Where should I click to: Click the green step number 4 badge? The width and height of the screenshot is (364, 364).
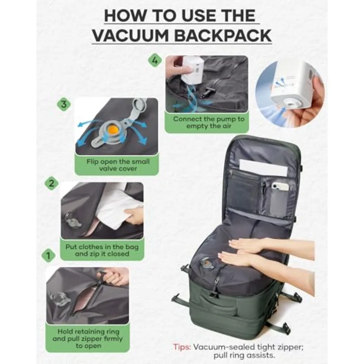[154, 61]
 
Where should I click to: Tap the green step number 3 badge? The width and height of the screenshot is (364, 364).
[63, 104]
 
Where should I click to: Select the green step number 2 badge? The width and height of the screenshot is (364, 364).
[51, 183]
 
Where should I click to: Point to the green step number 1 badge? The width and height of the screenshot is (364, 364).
[48, 255]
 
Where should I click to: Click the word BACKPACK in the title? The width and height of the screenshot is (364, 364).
[222, 36]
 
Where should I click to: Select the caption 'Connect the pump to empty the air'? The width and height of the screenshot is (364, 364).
[209, 122]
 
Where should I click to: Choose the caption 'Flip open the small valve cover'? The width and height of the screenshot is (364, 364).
[118, 165]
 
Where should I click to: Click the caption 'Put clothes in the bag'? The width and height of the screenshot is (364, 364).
[102, 247]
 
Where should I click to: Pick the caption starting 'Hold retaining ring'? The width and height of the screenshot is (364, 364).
[87, 339]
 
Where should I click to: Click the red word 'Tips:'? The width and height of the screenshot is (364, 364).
[182, 347]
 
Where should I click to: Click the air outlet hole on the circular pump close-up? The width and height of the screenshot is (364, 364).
[289, 103]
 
